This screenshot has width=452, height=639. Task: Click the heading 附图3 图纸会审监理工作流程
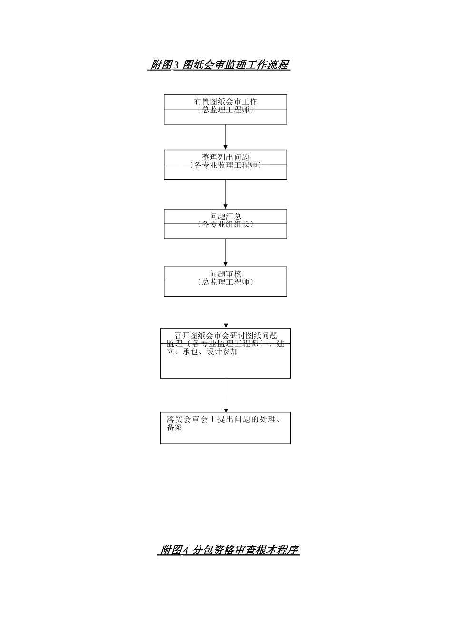click(219, 65)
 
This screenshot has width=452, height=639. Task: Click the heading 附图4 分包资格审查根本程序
click(228, 550)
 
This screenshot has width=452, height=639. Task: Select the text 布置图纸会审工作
click(226, 101)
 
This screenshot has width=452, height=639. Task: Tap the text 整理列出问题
click(226, 157)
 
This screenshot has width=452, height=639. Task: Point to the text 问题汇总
click(226, 216)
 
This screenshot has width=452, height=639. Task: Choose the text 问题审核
click(226, 274)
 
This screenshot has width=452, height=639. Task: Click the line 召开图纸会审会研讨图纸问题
click(226, 336)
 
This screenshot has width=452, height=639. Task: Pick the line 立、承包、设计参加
click(202, 352)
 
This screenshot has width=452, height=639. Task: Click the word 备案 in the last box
click(175, 427)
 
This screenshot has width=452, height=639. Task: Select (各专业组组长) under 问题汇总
click(226, 224)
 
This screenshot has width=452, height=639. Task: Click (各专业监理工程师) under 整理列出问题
click(226, 165)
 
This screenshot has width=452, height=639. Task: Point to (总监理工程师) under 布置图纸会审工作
click(226, 109)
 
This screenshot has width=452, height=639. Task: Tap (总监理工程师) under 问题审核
click(226, 282)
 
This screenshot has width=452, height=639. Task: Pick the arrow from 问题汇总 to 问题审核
click(226, 252)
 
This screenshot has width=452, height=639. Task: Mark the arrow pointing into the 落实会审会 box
click(226, 395)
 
